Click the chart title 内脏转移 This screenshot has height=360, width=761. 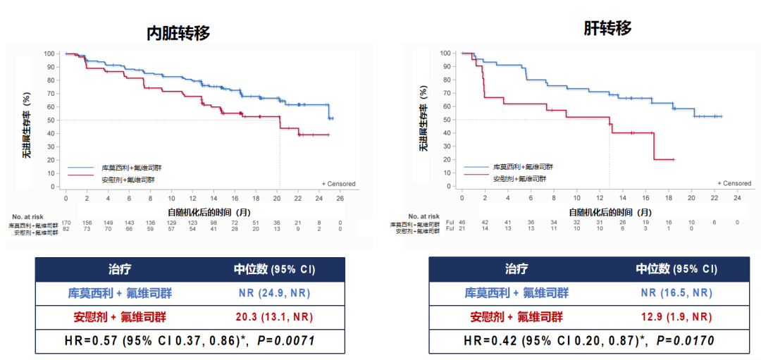178,32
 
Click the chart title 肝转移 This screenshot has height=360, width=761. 607,28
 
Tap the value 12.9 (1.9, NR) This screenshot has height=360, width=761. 676,316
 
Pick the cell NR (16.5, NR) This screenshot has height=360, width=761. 676,293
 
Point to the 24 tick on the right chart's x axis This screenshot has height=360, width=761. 738,199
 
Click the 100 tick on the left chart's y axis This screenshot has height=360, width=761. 49,54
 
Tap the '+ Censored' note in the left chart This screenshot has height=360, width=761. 338,184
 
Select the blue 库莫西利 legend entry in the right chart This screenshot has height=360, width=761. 522,167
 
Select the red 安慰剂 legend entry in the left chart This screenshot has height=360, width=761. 126,180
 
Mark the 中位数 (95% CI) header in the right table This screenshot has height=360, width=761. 676,269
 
